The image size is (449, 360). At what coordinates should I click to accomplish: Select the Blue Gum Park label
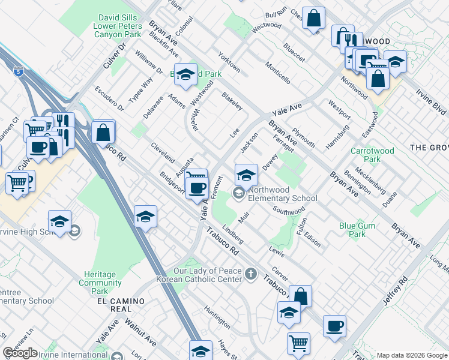pos(352,230)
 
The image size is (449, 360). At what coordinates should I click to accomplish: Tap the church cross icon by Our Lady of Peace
pos(251,274)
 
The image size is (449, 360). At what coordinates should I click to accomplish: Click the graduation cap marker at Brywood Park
pos(186,74)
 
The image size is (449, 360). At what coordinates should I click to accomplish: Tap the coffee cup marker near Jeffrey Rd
pos(334,326)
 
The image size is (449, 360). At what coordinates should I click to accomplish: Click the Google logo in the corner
pos(20,353)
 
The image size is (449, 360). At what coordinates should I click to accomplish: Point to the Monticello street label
pos(278,73)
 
